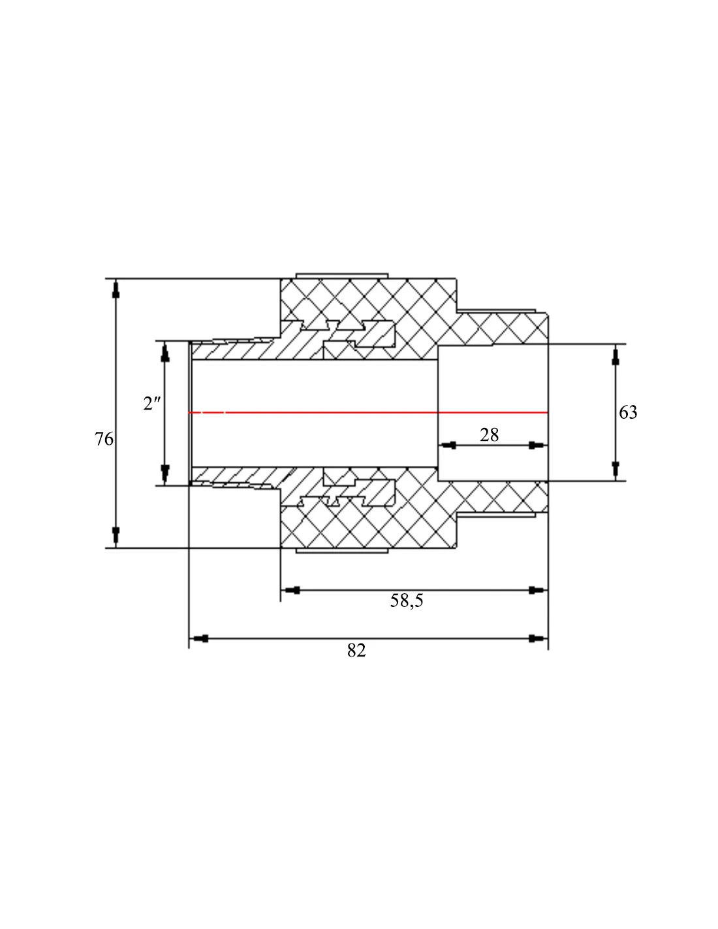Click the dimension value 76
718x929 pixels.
(x=104, y=439)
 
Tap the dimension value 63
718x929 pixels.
(x=627, y=412)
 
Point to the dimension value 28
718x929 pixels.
(x=489, y=435)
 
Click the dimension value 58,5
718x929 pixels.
(x=406, y=600)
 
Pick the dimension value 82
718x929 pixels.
(x=356, y=650)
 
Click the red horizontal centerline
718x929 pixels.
(x=368, y=412)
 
